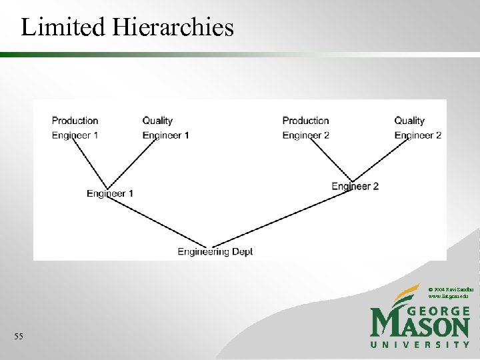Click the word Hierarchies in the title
tap(173, 27)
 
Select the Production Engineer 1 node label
tap(75, 128)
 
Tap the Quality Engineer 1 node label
tap(165, 128)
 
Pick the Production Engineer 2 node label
tap(305, 128)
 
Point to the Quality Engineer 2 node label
tap(417, 128)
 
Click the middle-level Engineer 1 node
tap(110, 193)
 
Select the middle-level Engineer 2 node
tap(355, 186)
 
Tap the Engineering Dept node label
tap(215, 251)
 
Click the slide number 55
tap(18, 337)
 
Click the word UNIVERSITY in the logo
tap(420, 345)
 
